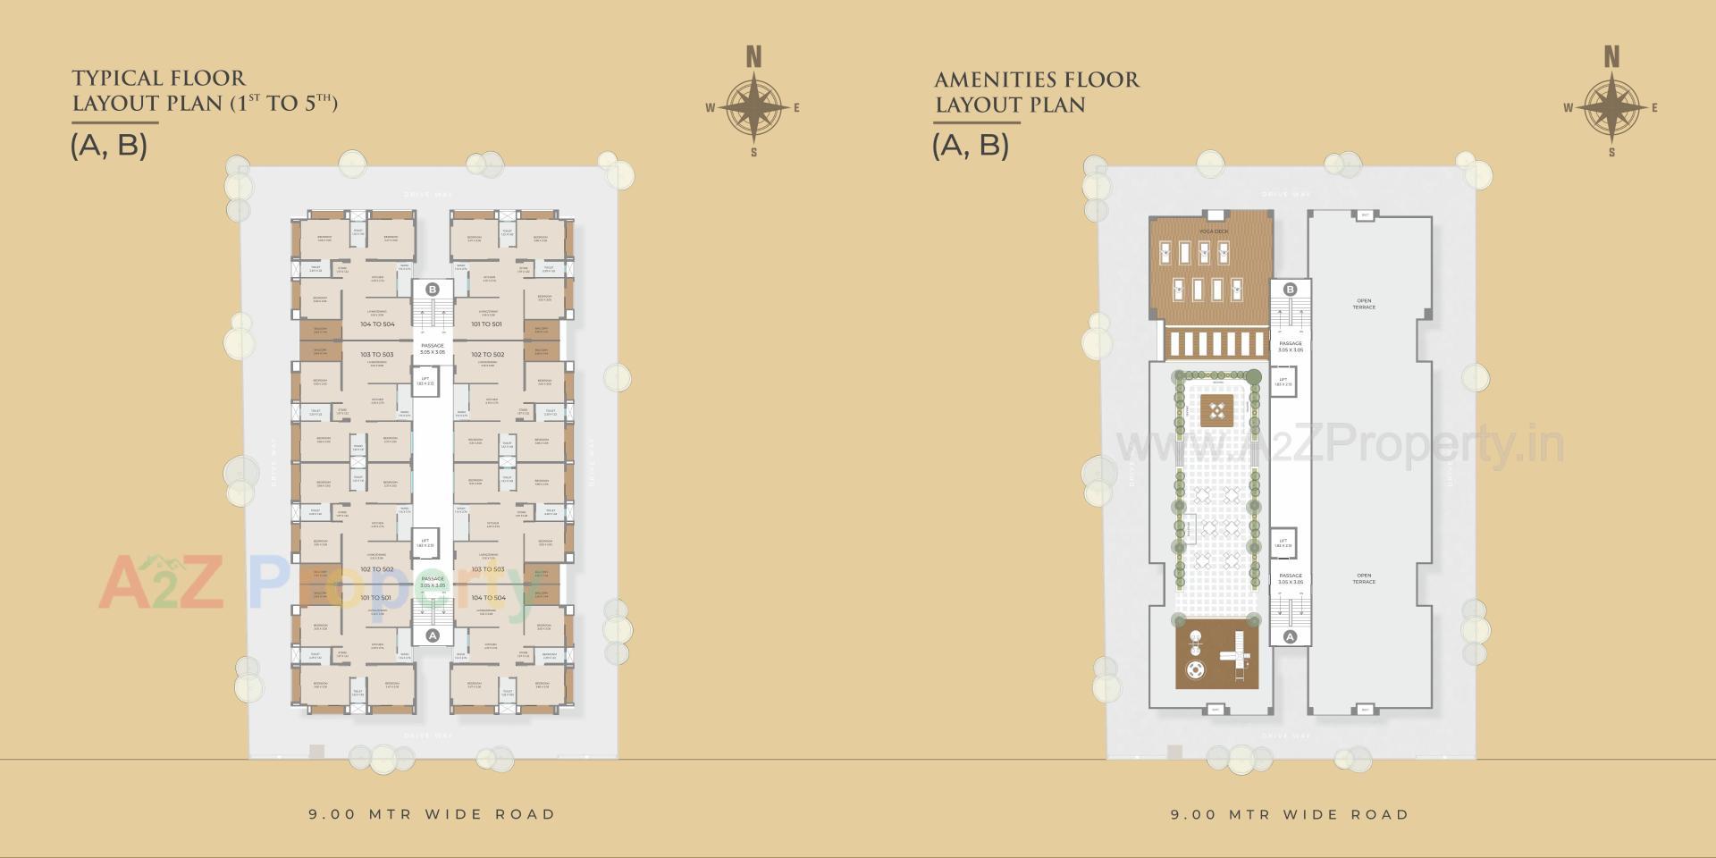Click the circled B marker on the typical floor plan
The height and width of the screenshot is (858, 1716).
coord(433,290)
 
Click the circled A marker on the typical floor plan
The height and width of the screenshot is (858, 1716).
coord(433,635)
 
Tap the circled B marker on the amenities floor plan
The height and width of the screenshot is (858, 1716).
coord(1290,290)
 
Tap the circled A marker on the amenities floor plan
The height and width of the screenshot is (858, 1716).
coord(1290,637)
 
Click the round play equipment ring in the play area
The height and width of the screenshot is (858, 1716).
coord(1194,670)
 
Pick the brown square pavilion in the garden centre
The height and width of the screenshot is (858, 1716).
coord(1215,411)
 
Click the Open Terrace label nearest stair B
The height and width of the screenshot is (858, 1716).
coord(1364,304)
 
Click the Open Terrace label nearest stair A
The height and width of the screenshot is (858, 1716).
coord(1364,578)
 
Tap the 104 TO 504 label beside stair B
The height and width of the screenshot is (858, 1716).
coord(377,324)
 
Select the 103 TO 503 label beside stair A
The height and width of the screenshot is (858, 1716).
coord(487,569)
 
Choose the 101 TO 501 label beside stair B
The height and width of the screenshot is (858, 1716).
coord(487,324)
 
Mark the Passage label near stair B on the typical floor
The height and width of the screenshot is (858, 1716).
coord(433,349)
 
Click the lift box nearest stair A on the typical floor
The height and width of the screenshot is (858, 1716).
coord(425,543)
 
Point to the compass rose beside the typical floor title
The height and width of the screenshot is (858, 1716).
coord(753,108)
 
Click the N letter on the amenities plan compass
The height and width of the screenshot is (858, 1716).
coord(1611,58)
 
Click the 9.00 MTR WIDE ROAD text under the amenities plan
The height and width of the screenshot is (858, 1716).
coord(1290,815)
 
